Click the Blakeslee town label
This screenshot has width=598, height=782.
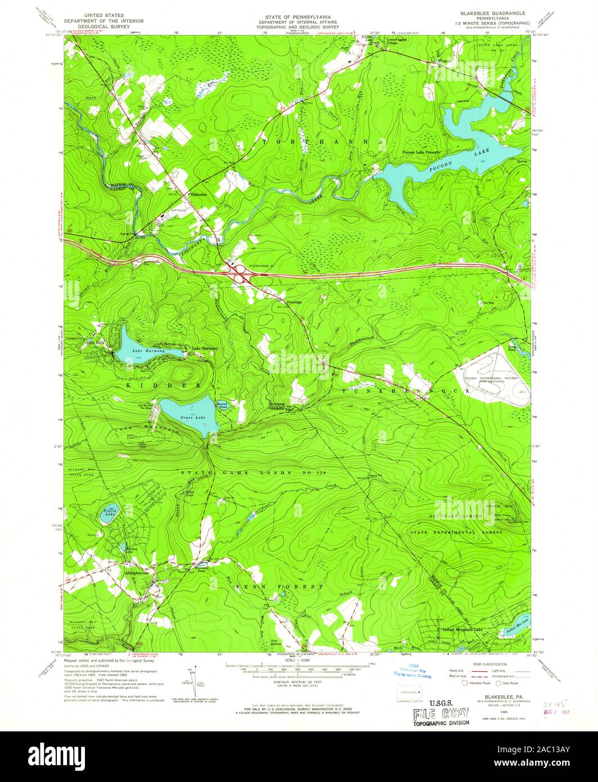[199, 195]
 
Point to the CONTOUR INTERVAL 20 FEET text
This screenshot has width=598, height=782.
[298, 680]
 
